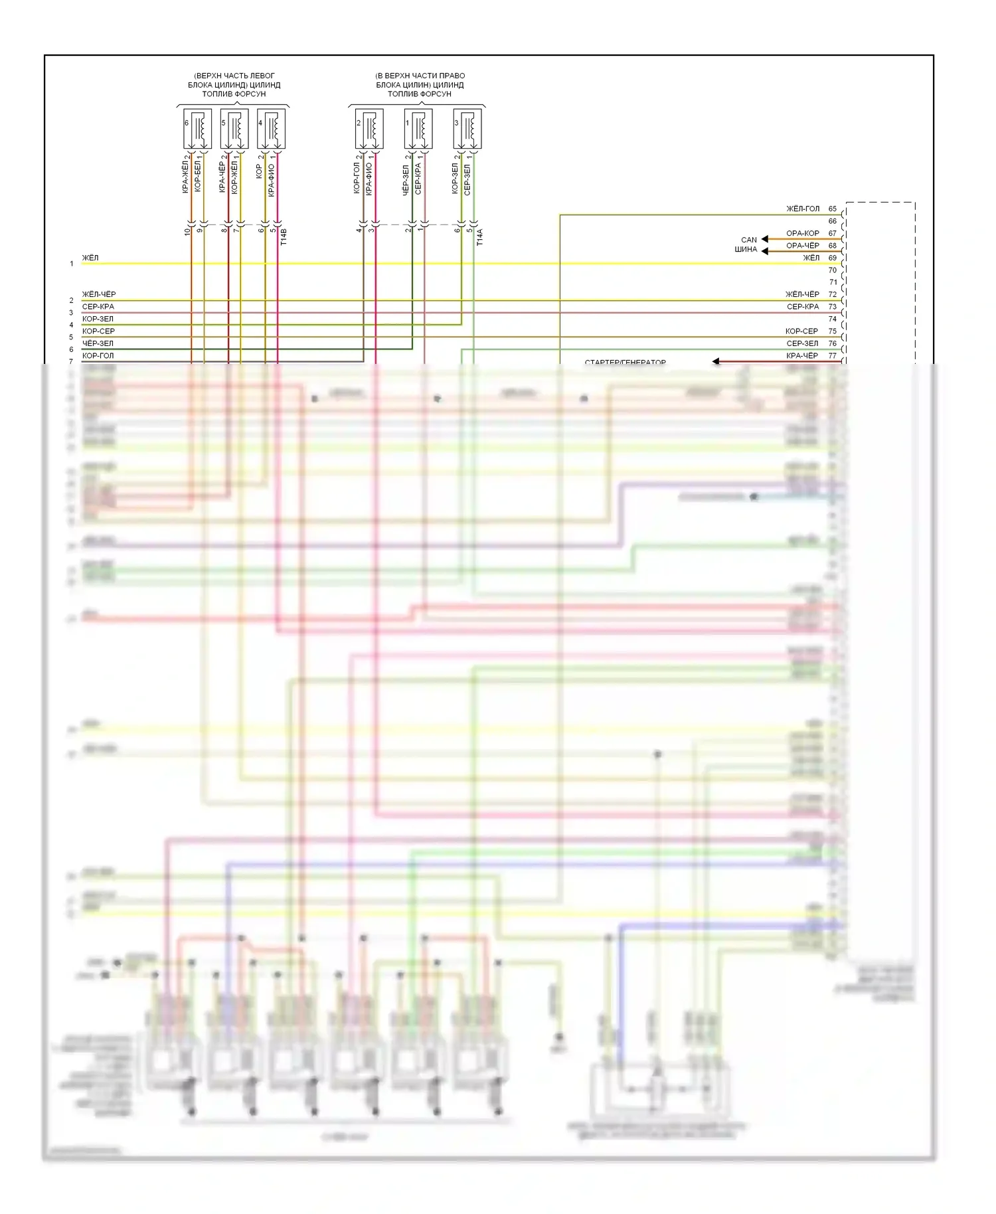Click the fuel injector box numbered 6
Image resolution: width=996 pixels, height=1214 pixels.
pos(197,129)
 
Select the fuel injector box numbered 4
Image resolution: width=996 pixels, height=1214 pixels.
pos(271,129)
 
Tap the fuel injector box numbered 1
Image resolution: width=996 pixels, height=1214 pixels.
pos(418,129)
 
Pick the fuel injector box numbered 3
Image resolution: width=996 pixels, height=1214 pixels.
pos(467,129)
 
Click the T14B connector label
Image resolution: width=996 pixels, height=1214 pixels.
pos(284,237)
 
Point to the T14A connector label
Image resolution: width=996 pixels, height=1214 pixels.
pos(480,237)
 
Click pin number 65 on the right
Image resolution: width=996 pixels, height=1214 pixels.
pos(833,209)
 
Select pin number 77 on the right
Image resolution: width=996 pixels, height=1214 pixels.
pos(833,356)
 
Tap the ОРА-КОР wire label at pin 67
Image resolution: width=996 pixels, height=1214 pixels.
pos(803,233)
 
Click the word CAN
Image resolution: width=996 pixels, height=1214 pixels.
pos(749,240)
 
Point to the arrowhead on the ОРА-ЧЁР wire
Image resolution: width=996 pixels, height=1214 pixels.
pos(765,251)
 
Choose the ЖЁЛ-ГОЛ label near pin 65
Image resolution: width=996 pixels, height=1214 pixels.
pos(803,209)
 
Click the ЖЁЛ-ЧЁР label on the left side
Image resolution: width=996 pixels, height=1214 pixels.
pos(99,294)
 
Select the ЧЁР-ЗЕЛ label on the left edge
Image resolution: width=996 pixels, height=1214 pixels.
pos(98,343)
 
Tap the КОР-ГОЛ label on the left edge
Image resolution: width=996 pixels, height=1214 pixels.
pos(98,356)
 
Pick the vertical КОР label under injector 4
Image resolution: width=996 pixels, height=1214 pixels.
pos(260,171)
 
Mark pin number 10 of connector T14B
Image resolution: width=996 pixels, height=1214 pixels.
pos(188,231)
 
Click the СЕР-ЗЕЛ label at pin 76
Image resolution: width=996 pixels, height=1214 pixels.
pos(803,343)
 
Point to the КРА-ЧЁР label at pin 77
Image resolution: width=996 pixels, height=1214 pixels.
pos(803,356)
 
